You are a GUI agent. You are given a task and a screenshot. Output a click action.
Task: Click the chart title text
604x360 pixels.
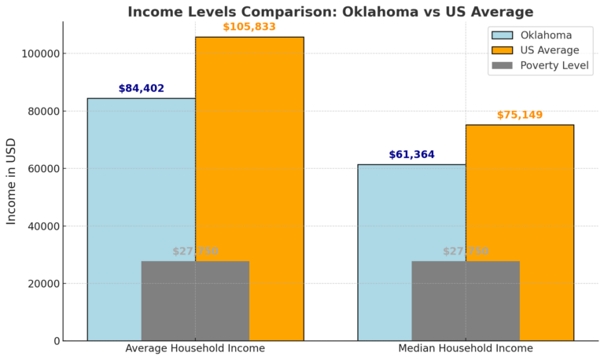[x=330, y=12]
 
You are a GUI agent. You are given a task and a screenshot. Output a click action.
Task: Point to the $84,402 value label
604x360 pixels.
[x=142, y=89]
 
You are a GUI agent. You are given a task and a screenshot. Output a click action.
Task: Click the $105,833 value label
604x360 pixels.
[x=249, y=27]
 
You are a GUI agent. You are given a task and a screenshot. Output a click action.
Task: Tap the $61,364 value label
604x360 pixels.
[x=411, y=155]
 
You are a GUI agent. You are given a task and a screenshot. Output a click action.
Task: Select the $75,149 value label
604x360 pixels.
[x=520, y=116]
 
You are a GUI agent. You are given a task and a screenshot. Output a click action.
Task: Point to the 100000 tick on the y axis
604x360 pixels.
[x=39, y=53]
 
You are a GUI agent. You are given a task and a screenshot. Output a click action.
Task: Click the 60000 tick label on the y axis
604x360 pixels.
[x=42, y=169]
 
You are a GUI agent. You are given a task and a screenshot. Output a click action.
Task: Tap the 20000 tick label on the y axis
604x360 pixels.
[x=42, y=284]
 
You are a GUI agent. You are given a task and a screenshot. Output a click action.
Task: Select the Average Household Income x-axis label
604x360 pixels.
[x=195, y=348]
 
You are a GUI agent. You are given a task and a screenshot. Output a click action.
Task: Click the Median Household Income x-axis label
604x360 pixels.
[x=466, y=348]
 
